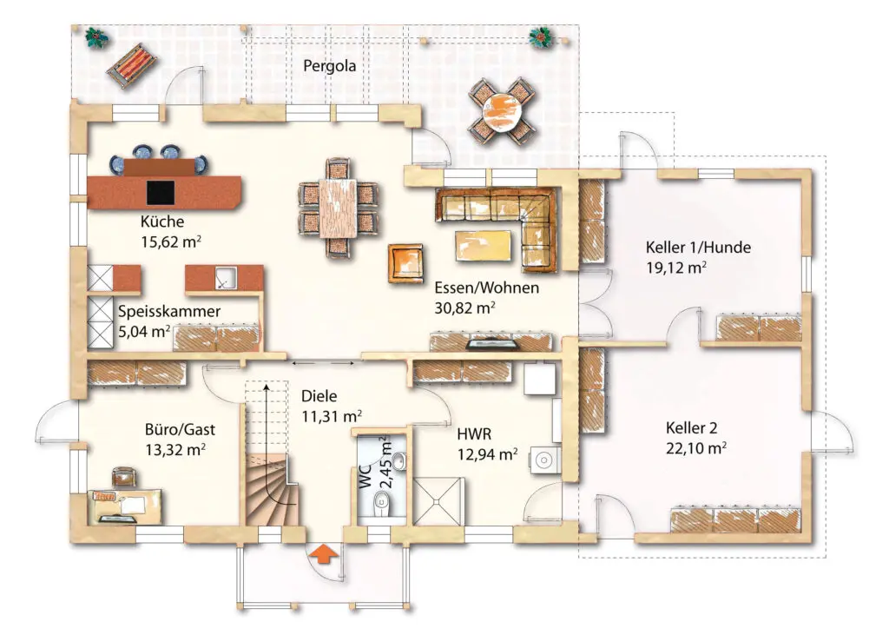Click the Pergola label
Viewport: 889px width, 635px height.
point(329,66)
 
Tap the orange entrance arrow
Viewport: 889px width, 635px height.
point(324,553)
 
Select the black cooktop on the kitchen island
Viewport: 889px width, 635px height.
point(161,192)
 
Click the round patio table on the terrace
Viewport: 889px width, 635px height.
point(502,109)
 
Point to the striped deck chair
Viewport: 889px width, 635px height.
point(130,65)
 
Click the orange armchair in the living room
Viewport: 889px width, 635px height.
point(406,262)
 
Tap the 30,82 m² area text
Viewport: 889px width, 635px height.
point(465,308)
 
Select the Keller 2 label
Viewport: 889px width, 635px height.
point(692,428)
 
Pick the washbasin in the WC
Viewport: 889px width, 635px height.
point(399,462)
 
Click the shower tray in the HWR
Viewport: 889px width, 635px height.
point(438,501)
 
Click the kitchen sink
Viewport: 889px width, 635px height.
point(226,277)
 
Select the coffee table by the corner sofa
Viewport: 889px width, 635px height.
point(483,246)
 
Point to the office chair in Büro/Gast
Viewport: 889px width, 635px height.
point(124,477)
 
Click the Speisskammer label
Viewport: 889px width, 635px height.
point(169,312)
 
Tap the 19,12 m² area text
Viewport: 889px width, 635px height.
point(675,268)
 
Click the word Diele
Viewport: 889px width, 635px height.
point(319,396)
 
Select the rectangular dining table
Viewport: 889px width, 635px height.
point(338,208)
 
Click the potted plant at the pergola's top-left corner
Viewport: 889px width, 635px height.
point(96,38)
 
